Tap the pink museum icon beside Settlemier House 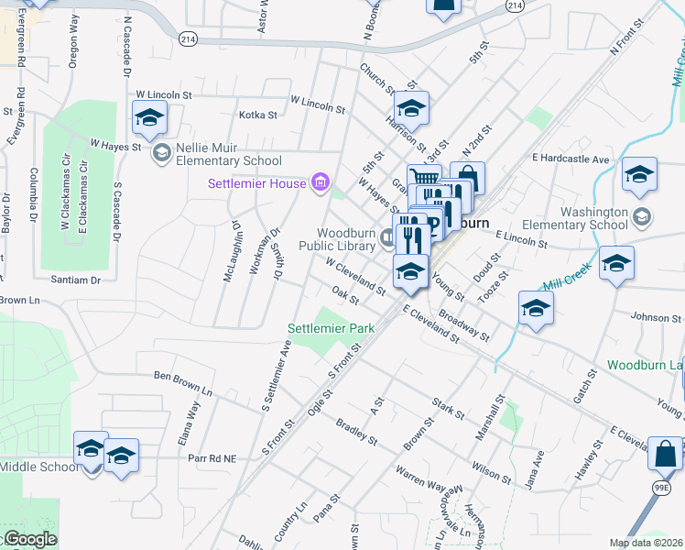(x=320, y=183)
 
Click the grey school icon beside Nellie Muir (x=163, y=152)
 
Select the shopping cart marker (x=424, y=179)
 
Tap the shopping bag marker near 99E (x=667, y=453)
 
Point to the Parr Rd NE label (x=212, y=456)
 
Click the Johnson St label (x=651, y=318)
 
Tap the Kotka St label (x=257, y=115)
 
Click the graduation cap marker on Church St (x=412, y=109)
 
